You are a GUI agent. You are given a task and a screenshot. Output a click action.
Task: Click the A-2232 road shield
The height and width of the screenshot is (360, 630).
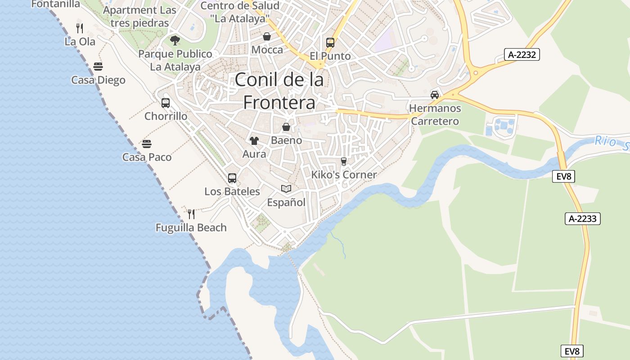click(x=522, y=55)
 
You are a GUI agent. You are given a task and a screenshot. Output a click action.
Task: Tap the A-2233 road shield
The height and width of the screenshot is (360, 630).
click(x=582, y=219)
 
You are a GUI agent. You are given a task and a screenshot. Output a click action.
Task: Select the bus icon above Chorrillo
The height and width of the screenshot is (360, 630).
click(x=166, y=103)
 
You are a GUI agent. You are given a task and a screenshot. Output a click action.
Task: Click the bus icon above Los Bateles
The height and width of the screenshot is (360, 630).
click(x=232, y=178)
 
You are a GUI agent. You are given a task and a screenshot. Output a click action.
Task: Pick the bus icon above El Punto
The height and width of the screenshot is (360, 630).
click(x=330, y=43)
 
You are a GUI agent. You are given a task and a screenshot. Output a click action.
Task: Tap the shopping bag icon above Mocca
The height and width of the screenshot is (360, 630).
click(x=267, y=36)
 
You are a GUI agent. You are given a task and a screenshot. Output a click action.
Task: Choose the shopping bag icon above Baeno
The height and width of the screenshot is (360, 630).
click(x=286, y=127)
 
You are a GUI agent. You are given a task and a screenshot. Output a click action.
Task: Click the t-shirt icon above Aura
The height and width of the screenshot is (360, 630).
click(x=254, y=141)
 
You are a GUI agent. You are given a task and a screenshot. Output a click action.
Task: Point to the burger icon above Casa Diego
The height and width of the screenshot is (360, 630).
click(x=98, y=67)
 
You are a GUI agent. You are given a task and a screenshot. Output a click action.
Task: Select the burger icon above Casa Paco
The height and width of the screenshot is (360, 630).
click(x=147, y=144)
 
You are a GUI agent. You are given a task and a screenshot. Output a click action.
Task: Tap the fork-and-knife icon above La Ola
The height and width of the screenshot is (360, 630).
click(x=80, y=28)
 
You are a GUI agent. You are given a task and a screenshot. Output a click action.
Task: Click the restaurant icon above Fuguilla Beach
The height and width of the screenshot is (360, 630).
click(x=191, y=214)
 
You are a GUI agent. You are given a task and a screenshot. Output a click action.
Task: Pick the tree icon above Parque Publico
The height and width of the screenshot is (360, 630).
click(x=175, y=40)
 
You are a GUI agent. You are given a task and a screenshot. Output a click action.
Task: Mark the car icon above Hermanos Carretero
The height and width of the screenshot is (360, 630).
click(x=435, y=94)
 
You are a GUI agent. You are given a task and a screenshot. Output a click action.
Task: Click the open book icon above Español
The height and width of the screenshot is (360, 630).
click(x=286, y=189)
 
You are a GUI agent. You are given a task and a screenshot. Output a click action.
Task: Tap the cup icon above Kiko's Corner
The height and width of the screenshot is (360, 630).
click(x=344, y=162)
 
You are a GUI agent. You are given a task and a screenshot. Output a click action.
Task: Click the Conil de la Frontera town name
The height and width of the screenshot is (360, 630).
click(x=279, y=91)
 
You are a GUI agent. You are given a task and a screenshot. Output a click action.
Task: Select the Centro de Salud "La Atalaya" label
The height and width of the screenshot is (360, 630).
click(x=240, y=12)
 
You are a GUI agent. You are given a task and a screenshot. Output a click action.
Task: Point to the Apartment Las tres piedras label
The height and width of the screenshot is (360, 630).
click(x=139, y=16)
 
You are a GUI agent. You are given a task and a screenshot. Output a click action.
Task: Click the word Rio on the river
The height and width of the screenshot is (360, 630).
click(x=604, y=141)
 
